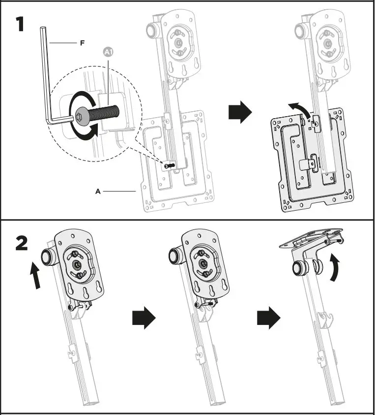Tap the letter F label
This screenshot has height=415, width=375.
(82, 43)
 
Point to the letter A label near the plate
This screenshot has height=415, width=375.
(98, 191)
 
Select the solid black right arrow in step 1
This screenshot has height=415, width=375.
(240, 114)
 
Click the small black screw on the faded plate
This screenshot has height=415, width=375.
(169, 166)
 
